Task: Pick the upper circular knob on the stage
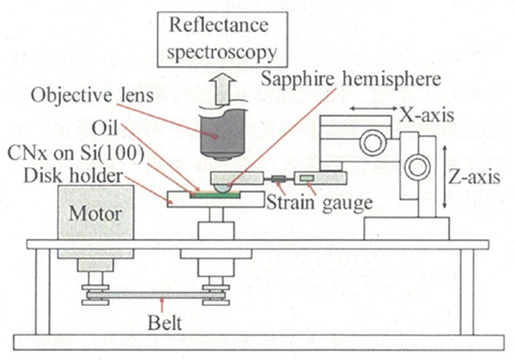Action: click(x=373, y=140)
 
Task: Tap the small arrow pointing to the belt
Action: click(x=166, y=304)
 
